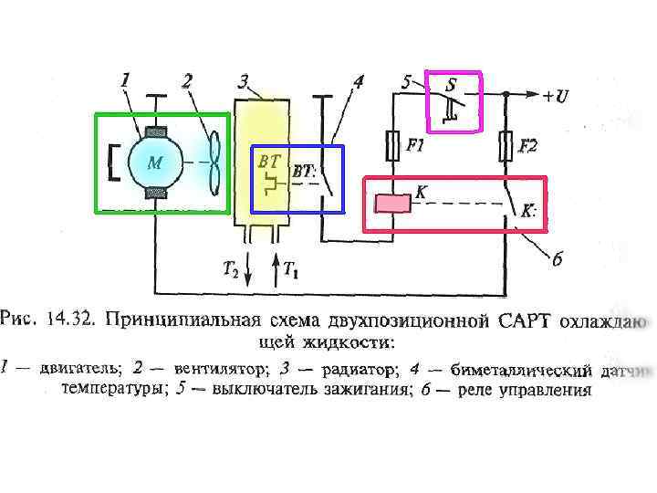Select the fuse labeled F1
tap(392, 145)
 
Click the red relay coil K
tap(392, 203)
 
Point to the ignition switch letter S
tap(451, 85)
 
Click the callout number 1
tap(125, 80)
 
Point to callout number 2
tap(186, 80)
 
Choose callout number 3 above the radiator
tap(244, 81)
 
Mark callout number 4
tap(359, 81)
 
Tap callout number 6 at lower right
tap(558, 260)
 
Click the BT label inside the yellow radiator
tap(269, 160)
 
